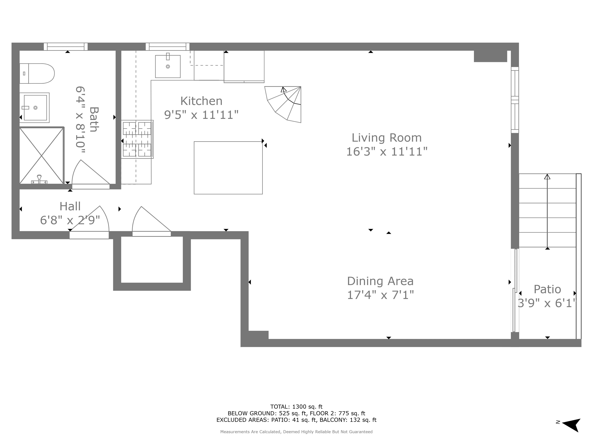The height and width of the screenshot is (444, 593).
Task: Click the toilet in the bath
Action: (38, 74)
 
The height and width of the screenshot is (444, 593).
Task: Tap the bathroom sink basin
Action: (35, 108)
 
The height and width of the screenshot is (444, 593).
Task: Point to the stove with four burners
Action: (137, 139)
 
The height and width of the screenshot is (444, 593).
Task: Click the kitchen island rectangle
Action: (228, 168)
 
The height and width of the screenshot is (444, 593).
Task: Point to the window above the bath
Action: (66, 47)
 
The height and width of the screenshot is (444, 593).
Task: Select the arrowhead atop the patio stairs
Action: (547, 177)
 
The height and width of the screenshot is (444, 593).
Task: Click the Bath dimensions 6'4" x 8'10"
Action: (80, 120)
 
